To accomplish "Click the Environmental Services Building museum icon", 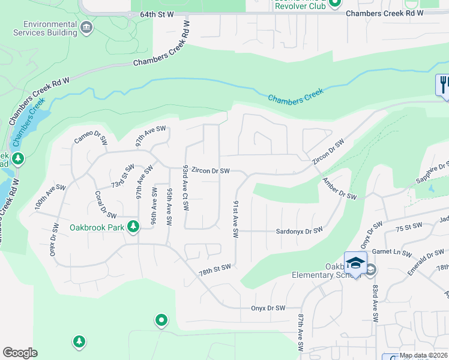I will pos(87,27).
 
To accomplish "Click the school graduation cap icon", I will pos(355,263).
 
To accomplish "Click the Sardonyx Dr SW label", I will pos(299,230).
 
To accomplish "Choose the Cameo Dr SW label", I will pos(91,140).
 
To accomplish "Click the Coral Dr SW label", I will pos(105,204).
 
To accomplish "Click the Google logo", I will pos(20,353).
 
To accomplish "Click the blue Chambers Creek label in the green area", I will pos(295,96).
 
